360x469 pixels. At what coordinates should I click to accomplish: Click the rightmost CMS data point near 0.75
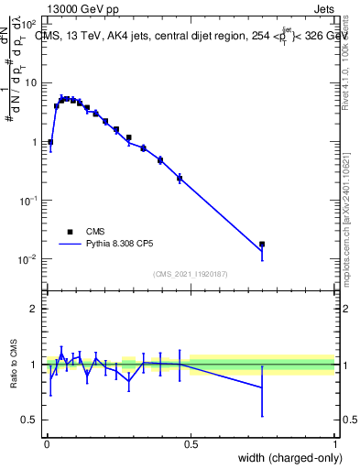pos(262,245)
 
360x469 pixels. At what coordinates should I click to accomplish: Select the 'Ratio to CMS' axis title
pos(14,364)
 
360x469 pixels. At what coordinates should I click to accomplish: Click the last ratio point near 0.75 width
pos(262,387)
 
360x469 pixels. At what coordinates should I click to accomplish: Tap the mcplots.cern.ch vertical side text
pos(353,211)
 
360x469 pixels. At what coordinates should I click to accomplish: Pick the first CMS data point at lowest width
pos(50,142)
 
